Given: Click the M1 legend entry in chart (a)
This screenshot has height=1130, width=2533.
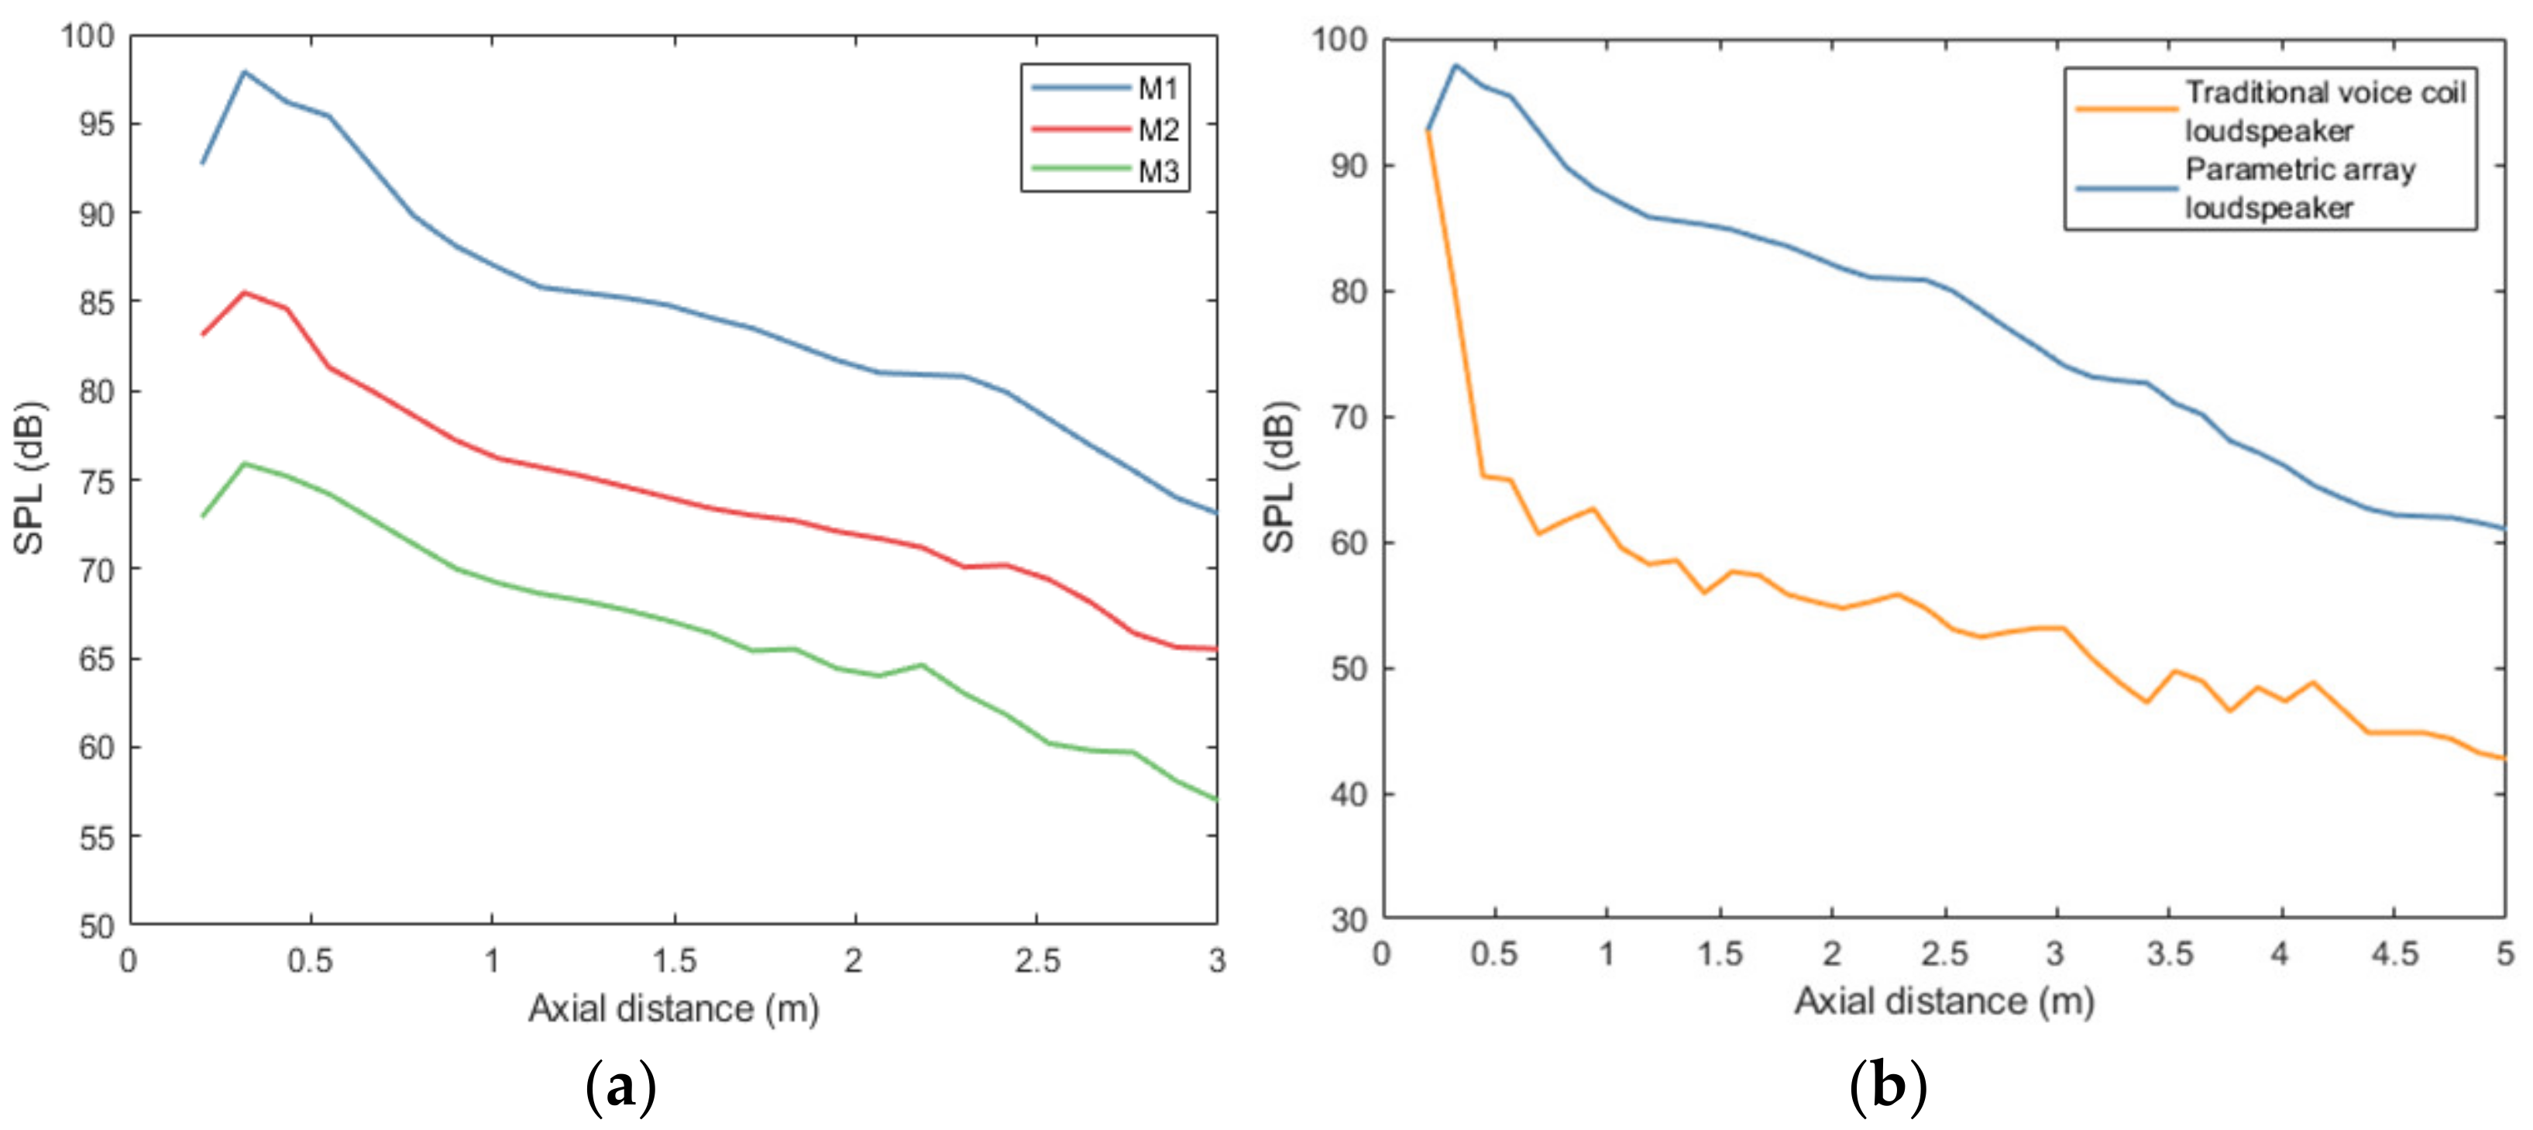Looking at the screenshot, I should pyautogui.click(x=1157, y=88).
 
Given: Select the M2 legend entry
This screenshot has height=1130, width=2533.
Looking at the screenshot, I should pyautogui.click(x=1157, y=129).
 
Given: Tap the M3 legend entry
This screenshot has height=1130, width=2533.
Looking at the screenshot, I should pyautogui.click(x=1157, y=171).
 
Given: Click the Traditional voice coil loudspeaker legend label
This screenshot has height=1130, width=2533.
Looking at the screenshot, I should pyautogui.click(x=2325, y=111).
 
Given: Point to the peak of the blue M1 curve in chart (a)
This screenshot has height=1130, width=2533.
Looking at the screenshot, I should pyautogui.click(x=244, y=72).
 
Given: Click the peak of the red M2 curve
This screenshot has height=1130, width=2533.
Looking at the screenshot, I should pyautogui.click(x=244, y=292).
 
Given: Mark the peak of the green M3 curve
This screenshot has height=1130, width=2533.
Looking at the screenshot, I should pyautogui.click(x=244, y=463).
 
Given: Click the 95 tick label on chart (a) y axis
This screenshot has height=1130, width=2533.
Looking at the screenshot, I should pyautogui.click(x=95, y=125).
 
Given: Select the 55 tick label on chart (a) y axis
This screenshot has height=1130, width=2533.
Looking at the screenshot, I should pyautogui.click(x=95, y=838).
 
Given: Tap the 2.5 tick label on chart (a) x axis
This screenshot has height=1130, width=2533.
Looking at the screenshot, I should pyautogui.click(x=1037, y=961).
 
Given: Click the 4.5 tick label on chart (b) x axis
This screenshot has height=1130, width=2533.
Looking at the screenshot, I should pyautogui.click(x=2394, y=953).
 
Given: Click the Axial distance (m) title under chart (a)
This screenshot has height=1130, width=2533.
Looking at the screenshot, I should pyautogui.click(x=674, y=1009).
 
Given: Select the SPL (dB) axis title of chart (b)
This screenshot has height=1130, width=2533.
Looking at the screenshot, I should pyautogui.click(x=1278, y=477).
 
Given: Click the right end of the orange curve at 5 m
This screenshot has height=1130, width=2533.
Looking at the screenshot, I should pyautogui.click(x=2504, y=758).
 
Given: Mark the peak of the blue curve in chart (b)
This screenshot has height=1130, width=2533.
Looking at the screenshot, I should pyautogui.click(x=1456, y=65).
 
